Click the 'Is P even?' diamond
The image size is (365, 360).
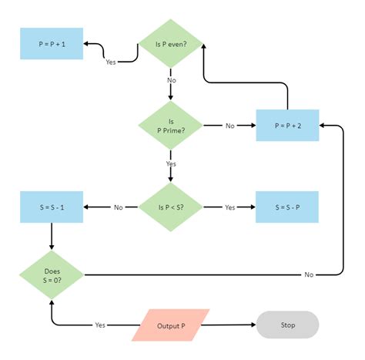pyautogui.click(x=170, y=43)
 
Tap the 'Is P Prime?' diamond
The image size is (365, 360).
pyautogui.click(x=170, y=125)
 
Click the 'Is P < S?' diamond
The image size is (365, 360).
pyautogui.click(x=170, y=207)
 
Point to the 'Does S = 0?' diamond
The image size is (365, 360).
pyautogui.click(x=52, y=274)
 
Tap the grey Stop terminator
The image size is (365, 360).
pyautogui.click(x=287, y=325)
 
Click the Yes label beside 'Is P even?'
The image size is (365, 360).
pyautogui.click(x=111, y=62)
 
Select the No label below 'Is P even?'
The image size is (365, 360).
pyautogui.click(x=170, y=80)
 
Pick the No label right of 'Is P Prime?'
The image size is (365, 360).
pyautogui.click(x=230, y=125)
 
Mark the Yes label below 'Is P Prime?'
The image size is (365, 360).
pyautogui.click(x=170, y=163)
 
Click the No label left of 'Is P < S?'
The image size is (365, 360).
pyautogui.click(x=119, y=207)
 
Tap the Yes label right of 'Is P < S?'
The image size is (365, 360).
pyautogui.click(x=229, y=207)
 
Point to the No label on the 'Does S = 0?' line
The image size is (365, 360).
pyautogui.click(x=309, y=274)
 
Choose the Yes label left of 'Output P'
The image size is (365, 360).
pyautogui.click(x=100, y=325)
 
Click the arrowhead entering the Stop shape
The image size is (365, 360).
pyautogui.click(x=253, y=325)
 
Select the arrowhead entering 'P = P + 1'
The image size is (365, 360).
pyautogui.click(x=87, y=44)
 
